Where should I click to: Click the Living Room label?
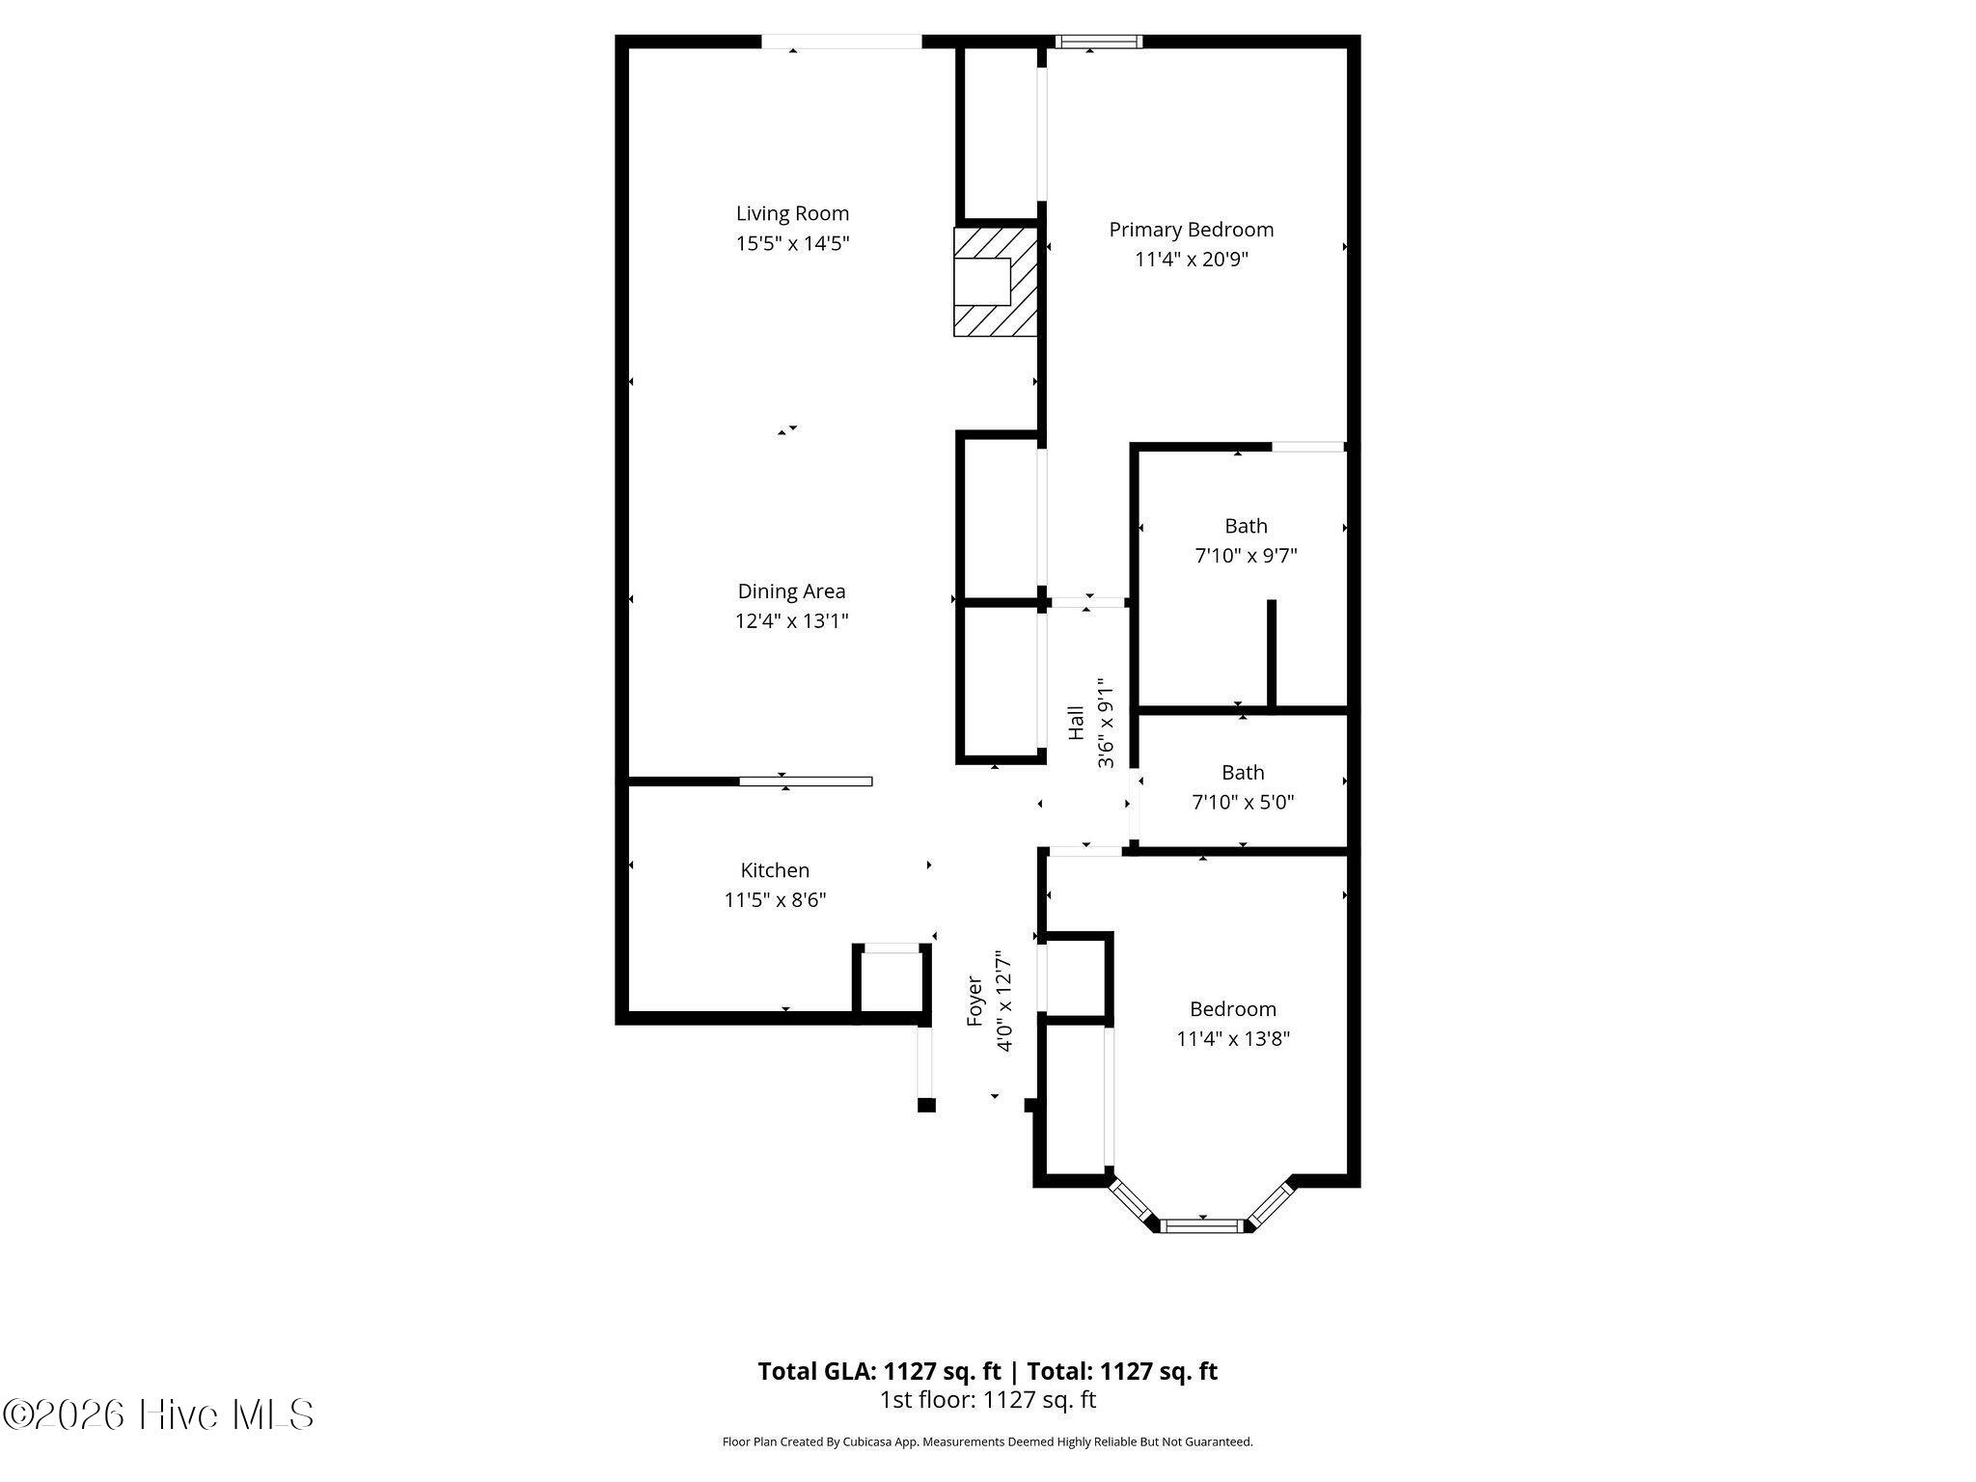coord(792,213)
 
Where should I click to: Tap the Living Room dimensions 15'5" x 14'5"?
coord(792,243)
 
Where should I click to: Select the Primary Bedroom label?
coord(1192,230)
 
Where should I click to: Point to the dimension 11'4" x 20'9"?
coord(1192,260)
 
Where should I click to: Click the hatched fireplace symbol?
coord(996,282)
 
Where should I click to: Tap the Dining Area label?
coord(791,591)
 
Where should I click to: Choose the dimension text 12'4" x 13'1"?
coord(791,621)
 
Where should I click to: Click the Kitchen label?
coord(775,870)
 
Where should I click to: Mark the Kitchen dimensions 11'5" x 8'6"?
coord(775,900)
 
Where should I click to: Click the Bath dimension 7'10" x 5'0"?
coord(1243,802)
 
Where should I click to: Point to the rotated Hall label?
coord(1076,724)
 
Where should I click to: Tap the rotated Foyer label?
coord(974,1002)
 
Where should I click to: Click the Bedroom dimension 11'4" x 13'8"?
coord(1233,1039)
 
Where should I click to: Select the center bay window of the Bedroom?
coord(1202,1225)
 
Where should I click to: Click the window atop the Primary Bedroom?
coord(1098,41)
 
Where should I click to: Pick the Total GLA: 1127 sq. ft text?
coord(879,1371)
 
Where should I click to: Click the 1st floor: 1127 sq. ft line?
coord(988,1400)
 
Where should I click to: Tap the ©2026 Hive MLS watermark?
coord(159,1414)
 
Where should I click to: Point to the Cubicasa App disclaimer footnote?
coord(988,1442)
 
